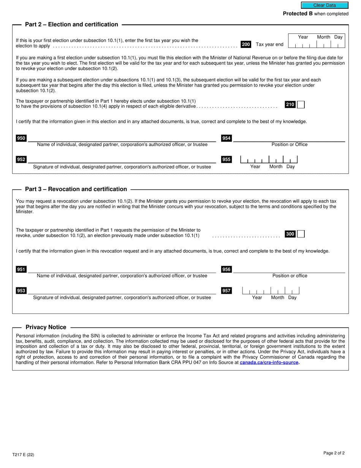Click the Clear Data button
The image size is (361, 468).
(325, 5)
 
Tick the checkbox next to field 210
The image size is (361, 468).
(301, 105)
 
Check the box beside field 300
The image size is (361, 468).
(301, 234)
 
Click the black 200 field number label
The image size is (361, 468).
(246, 45)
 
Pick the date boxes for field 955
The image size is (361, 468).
(269, 159)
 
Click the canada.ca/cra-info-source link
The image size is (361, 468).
(269, 363)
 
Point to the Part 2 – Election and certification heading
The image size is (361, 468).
(71, 24)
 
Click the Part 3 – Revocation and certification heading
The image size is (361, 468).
(76, 189)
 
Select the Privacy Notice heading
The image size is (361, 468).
(46, 327)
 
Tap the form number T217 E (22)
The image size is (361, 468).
(23, 455)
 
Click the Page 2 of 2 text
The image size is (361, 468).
(334, 453)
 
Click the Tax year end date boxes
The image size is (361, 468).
(317, 45)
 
